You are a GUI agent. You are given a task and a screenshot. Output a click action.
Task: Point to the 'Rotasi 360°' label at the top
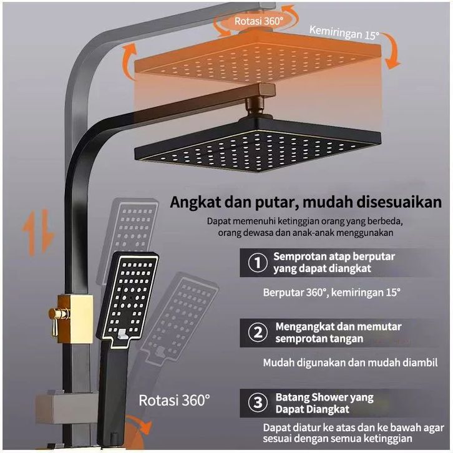pos(258,21)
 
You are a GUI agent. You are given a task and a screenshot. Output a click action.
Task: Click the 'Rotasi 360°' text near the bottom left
pos(175,399)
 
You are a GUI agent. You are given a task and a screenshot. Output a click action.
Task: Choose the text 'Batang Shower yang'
pos(324,397)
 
